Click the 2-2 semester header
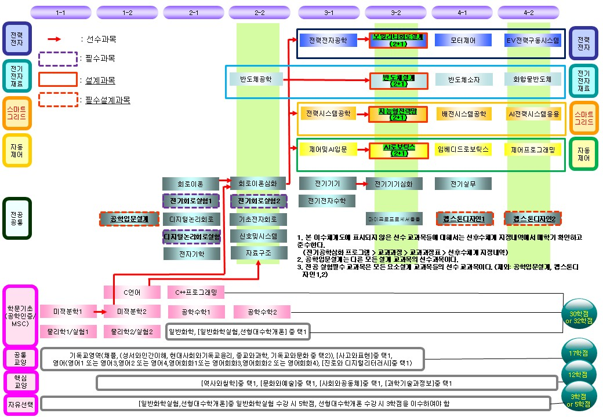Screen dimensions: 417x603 pos(260,12)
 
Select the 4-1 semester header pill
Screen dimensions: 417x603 pos(462,12)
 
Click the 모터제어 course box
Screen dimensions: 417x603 pos(463,41)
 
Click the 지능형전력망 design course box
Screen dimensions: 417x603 pos(398,114)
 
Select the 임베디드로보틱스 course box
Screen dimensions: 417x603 pos(463,149)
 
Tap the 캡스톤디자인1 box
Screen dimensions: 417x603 pos(464,219)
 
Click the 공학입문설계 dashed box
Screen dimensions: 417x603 pos(129,219)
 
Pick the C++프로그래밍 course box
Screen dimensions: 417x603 pos(195,292)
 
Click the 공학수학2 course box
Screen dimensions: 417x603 pos(261,312)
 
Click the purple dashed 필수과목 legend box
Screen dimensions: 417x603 pos(58,59)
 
